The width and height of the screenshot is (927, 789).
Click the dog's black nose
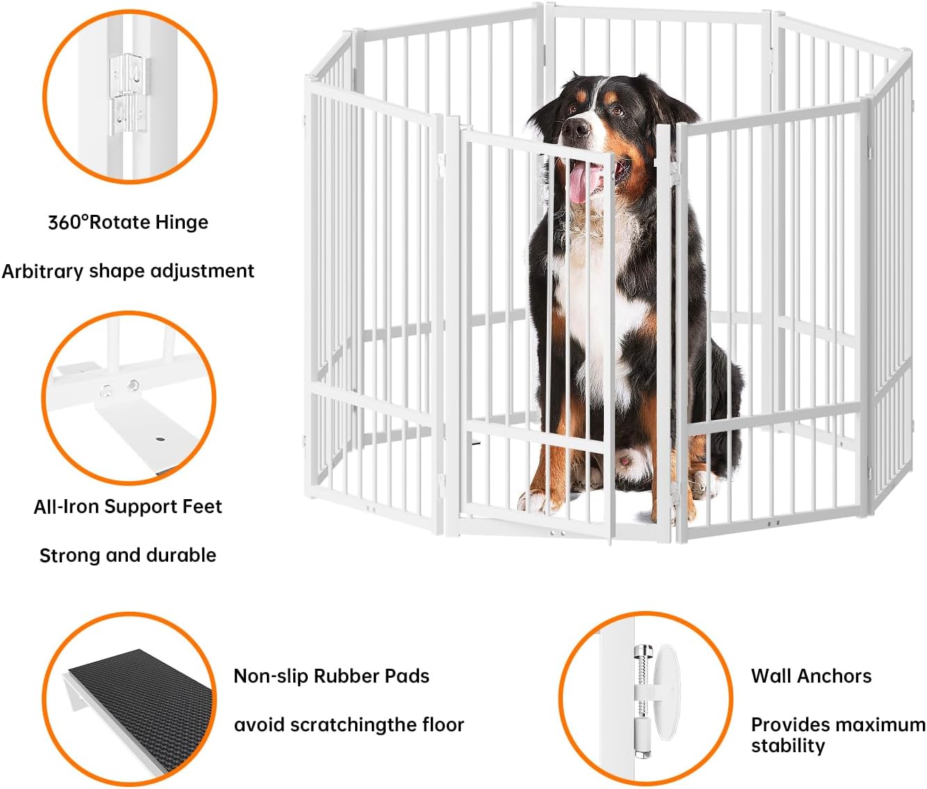(x=577, y=128)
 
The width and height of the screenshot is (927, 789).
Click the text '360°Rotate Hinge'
(x=128, y=222)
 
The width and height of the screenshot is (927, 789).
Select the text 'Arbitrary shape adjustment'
(x=128, y=271)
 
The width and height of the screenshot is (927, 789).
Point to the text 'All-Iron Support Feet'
(x=128, y=507)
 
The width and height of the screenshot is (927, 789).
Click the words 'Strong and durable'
(x=128, y=555)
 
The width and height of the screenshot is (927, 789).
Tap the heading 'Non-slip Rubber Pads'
(x=331, y=676)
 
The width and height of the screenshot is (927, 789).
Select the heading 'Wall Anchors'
(x=811, y=676)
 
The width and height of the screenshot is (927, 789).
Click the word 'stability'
(x=788, y=746)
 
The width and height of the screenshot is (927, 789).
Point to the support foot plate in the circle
(x=149, y=431)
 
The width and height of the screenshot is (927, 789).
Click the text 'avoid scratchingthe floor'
(x=349, y=725)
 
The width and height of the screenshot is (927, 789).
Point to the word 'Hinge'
(x=181, y=222)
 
